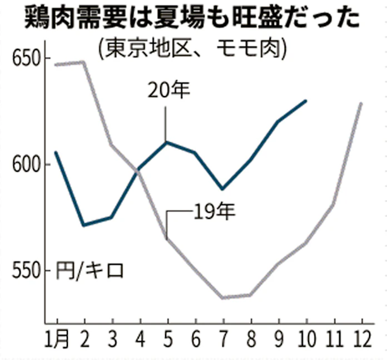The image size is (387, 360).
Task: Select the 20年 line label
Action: (169, 89)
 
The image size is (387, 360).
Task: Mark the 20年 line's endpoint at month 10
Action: (306, 101)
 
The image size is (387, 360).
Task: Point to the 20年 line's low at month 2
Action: (84, 226)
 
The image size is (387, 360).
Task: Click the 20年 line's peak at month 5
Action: (166, 142)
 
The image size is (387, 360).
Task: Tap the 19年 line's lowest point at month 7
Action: (222, 298)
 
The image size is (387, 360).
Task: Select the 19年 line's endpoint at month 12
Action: (361, 103)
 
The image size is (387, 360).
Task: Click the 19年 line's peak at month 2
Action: (84, 62)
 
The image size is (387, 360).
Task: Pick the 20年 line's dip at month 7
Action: (222, 189)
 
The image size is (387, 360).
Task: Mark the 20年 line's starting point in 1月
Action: (56, 152)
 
